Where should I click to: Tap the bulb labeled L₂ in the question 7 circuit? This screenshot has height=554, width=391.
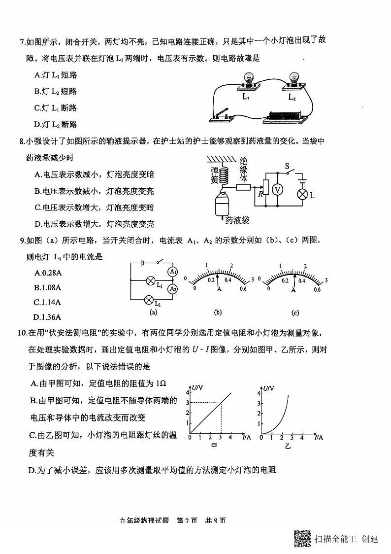tap(293, 79)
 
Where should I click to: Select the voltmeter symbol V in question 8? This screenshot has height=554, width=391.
tap(277, 189)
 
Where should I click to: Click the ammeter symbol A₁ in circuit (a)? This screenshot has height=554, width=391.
tap(172, 272)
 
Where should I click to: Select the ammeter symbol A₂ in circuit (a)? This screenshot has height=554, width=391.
tap(172, 289)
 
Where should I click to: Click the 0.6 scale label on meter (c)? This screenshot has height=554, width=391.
tap(318, 289)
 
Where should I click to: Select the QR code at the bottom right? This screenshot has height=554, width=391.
tap(302, 538)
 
